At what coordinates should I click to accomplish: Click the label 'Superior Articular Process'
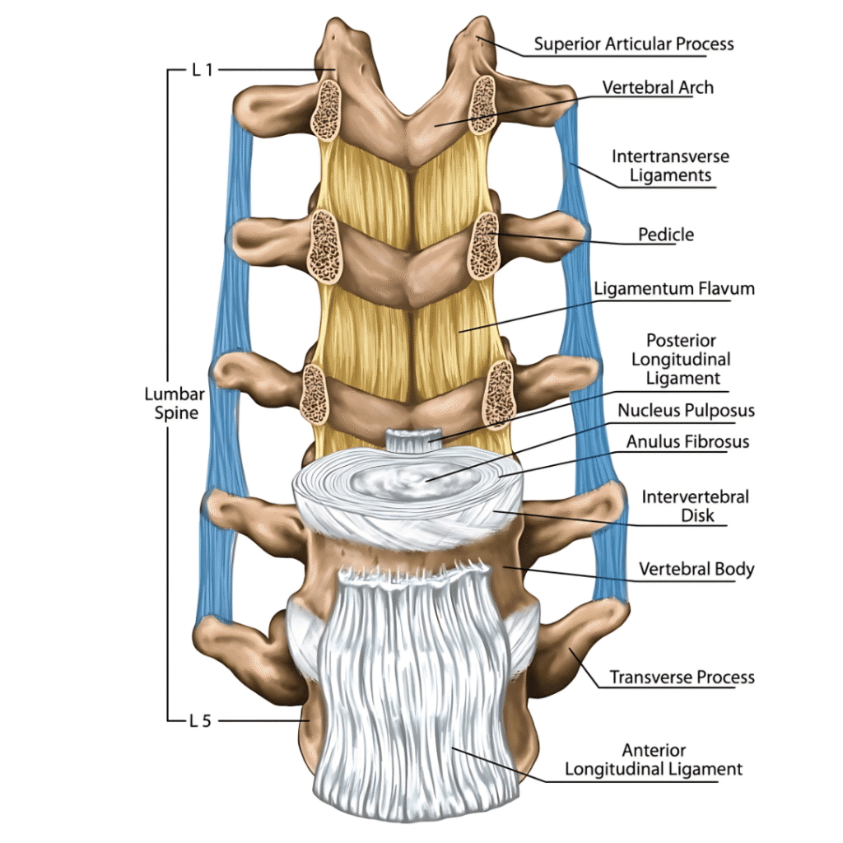click(x=633, y=44)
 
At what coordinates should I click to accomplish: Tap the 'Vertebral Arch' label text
click(x=658, y=86)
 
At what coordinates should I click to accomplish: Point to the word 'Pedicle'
click(x=666, y=235)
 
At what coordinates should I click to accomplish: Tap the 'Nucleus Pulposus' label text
click(x=686, y=410)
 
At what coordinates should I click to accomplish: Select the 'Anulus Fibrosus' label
click(x=687, y=441)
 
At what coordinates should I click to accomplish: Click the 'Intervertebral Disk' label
click(x=695, y=506)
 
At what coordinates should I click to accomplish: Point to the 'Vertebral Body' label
click(x=696, y=569)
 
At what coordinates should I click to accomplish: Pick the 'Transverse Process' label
click(x=682, y=678)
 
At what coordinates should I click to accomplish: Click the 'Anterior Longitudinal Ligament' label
click(x=682, y=760)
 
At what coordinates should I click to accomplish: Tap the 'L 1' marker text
click(x=203, y=70)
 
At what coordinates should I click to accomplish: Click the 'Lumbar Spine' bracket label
click(x=176, y=403)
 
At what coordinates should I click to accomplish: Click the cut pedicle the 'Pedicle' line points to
click(x=483, y=245)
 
